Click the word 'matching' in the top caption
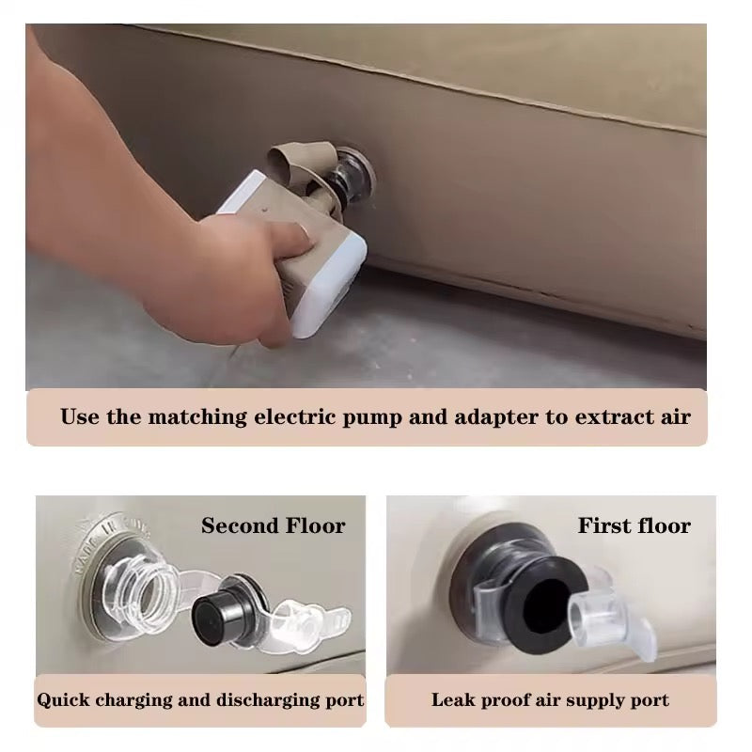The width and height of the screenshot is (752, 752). pos(197,416)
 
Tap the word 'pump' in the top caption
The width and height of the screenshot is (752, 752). pos(371,417)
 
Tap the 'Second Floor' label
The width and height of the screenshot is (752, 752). pos(273,525)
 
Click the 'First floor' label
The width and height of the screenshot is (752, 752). pos(634,525)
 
